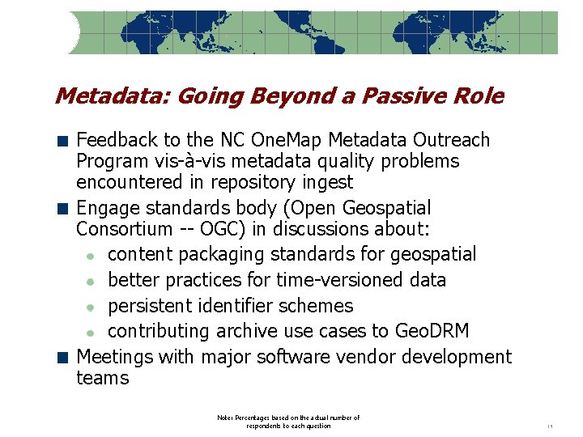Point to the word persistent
(150, 306)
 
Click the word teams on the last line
(102, 378)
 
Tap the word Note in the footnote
(224, 418)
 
